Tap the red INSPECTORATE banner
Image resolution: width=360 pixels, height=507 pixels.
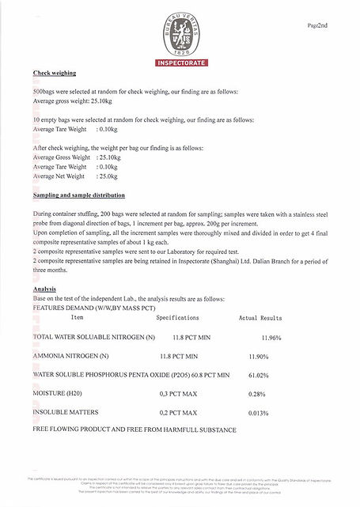(179, 61)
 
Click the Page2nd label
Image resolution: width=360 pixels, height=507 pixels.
(317, 26)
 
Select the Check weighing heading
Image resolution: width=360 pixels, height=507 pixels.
(55, 73)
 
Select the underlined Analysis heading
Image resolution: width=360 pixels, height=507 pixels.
(44, 289)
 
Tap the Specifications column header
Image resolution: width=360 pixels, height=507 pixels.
(183, 317)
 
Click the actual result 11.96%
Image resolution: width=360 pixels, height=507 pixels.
(271, 338)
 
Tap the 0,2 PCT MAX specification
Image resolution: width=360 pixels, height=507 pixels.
(178, 412)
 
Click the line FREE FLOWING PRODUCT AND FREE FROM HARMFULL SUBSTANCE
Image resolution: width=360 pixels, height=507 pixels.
(135, 429)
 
